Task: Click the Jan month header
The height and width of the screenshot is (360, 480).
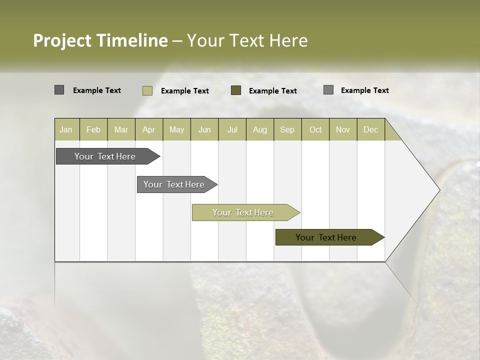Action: click(x=66, y=129)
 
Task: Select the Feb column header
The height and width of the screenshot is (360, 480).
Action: click(x=93, y=129)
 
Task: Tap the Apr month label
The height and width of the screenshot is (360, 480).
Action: click(x=149, y=129)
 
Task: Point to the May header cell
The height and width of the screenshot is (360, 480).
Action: click(x=176, y=129)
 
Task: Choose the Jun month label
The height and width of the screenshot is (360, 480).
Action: click(x=204, y=129)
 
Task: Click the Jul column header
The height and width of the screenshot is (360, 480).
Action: click(x=232, y=129)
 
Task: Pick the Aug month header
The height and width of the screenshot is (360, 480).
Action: click(x=260, y=129)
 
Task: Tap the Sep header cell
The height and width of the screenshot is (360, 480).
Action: click(x=287, y=129)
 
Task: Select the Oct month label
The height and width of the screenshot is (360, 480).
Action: click(x=315, y=129)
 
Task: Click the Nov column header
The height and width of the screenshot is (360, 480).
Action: click(x=343, y=129)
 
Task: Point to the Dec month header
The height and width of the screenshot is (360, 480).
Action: click(x=371, y=129)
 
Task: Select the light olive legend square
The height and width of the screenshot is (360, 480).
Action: click(x=147, y=90)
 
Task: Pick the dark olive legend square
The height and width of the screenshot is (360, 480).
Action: click(x=236, y=90)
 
